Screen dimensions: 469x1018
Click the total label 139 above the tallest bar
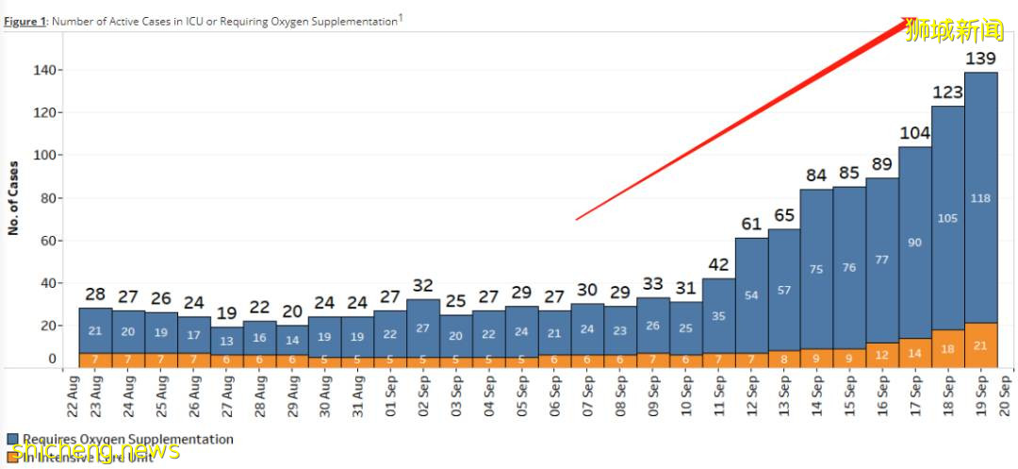981,59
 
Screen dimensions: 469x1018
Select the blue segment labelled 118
981,197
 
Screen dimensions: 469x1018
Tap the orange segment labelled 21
981,345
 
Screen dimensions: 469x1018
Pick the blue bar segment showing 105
948,218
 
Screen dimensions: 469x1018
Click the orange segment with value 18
948,348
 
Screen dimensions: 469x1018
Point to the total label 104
915,133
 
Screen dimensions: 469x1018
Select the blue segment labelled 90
915,243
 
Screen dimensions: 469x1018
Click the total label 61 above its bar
751,224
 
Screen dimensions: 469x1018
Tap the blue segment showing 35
718,315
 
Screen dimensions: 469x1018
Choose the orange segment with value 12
882,355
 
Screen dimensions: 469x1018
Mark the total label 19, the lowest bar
226,313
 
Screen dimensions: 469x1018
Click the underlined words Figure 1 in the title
25,22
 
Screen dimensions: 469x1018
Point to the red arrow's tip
915,18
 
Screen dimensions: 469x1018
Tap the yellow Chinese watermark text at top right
954,31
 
